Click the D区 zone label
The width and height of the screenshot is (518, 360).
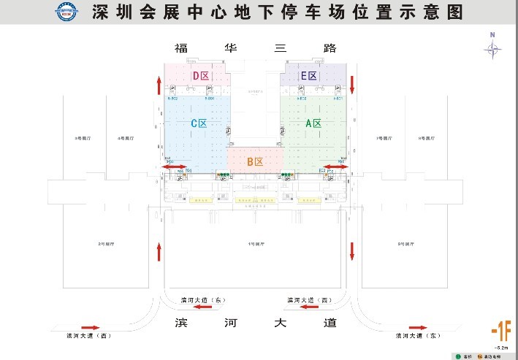coord(199,76)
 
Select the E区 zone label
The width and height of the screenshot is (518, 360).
coord(309,76)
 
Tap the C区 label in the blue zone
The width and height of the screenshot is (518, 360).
coord(199,123)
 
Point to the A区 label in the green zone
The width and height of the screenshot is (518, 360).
coord(313,123)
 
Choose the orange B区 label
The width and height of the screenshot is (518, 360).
coord(254,161)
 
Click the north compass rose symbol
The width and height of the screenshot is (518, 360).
coord(493,48)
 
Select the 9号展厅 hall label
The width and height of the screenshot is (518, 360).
coord(405,243)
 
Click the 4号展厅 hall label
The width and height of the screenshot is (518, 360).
coord(123,137)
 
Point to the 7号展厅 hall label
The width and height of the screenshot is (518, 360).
coord(384,137)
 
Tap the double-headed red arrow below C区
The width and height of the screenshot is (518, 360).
coord(173,167)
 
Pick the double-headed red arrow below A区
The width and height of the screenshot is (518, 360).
coord(337,167)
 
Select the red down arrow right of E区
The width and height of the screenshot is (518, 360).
coord(352,84)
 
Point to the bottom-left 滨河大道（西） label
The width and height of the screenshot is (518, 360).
coord(86,336)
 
